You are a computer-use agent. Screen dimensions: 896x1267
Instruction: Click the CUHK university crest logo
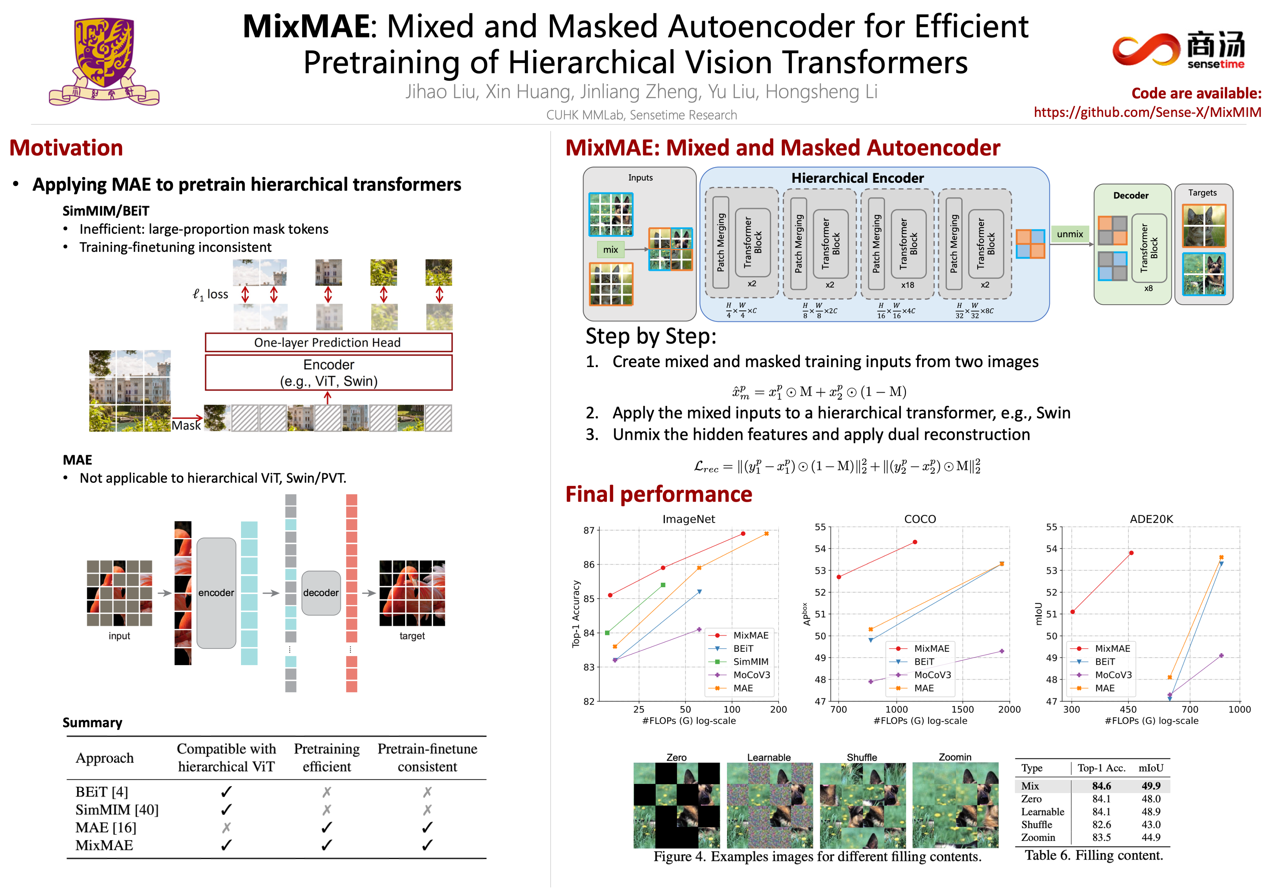[x=104, y=61]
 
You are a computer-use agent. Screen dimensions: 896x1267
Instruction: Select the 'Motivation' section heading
[x=66, y=148]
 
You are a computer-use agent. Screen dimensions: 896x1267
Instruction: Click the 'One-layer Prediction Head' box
[x=328, y=343]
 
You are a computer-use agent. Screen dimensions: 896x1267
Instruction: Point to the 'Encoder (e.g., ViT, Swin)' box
[x=328, y=373]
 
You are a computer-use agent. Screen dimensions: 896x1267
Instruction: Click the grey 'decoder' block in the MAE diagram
[x=321, y=593]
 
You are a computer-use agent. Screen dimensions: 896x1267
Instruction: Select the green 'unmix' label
[x=1069, y=234]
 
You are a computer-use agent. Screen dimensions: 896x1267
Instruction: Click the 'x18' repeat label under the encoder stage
[x=907, y=285]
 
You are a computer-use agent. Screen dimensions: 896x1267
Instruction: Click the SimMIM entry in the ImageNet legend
[x=750, y=662]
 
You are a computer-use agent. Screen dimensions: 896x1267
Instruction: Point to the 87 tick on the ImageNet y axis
[x=589, y=531]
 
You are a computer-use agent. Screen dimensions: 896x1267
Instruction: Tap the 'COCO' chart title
[x=920, y=519]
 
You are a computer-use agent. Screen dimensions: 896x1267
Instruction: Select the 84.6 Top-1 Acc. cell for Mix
[x=1101, y=786]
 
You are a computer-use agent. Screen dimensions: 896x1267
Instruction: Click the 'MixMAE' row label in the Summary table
[x=104, y=846]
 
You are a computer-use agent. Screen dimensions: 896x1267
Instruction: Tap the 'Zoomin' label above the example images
[x=955, y=758]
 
